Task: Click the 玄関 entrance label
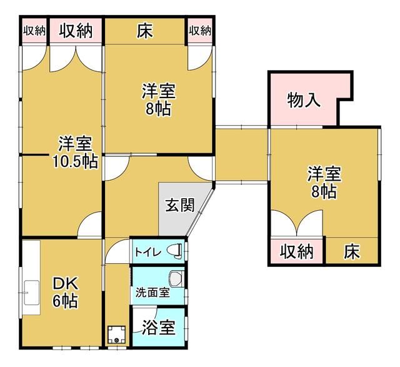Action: click(x=180, y=205)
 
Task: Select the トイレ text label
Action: click(x=148, y=253)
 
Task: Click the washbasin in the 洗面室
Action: click(x=176, y=278)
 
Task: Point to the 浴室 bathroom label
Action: click(x=158, y=328)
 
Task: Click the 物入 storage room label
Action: click(x=303, y=100)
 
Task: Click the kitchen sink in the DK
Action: click(x=32, y=293)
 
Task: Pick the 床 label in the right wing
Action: click(x=352, y=251)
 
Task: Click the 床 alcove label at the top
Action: click(x=145, y=31)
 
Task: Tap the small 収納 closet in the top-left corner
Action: click(x=34, y=31)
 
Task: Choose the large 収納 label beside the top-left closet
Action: click(x=76, y=31)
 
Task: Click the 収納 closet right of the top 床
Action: click(x=200, y=31)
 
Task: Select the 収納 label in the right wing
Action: click(x=297, y=251)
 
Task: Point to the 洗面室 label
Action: click(x=152, y=293)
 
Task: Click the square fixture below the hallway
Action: click(x=116, y=335)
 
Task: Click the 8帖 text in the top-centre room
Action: click(x=158, y=109)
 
